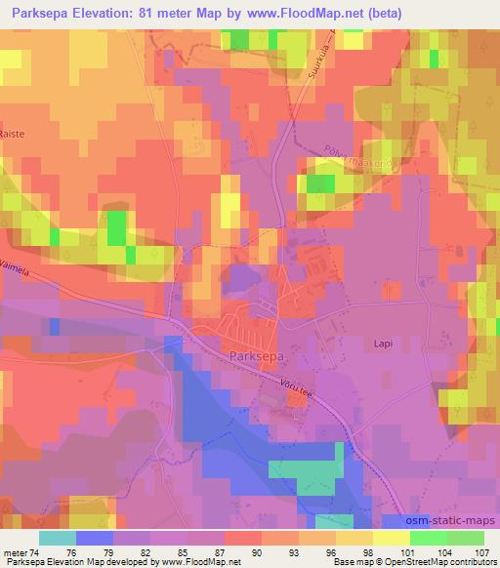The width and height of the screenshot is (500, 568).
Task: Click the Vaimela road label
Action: (x=17, y=281)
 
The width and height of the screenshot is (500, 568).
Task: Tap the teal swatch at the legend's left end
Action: (x=58, y=537)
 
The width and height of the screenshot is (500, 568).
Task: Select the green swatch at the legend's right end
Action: (x=465, y=537)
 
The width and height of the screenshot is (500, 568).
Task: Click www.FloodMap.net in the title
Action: (x=305, y=14)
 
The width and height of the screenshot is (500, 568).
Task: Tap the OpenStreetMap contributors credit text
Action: (x=445, y=562)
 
